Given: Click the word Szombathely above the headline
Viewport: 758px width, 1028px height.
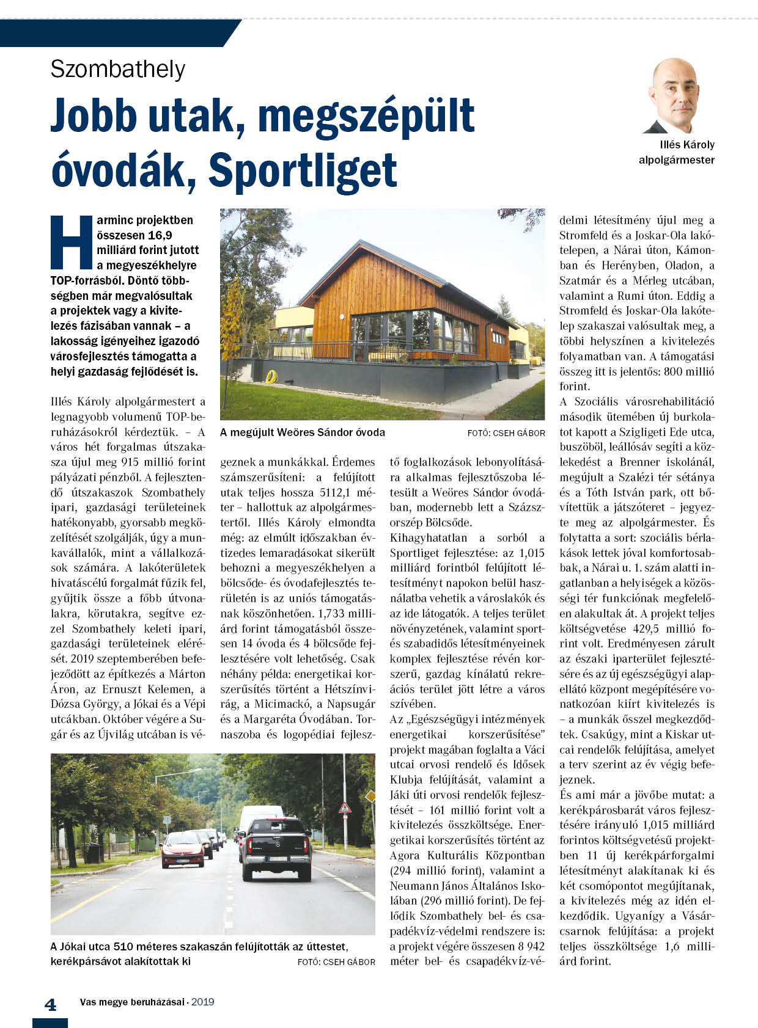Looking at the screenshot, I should tap(117, 69).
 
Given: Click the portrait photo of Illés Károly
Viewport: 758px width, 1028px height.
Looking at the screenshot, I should tap(674, 96).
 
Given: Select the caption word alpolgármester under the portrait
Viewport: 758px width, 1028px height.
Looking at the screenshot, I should tap(676, 160).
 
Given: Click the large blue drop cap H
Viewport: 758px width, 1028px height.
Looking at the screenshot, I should tap(71, 242).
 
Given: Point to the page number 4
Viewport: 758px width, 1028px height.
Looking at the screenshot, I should tap(51, 1005).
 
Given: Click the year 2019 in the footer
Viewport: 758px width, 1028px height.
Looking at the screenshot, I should tap(202, 1002).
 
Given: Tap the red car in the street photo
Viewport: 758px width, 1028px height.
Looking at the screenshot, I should tap(182, 848).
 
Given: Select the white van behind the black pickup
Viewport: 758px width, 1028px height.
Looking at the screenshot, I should tap(260, 815).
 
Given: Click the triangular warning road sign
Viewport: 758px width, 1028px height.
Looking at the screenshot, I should tap(345, 807).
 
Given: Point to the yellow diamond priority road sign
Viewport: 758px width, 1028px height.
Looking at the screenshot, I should tap(369, 796).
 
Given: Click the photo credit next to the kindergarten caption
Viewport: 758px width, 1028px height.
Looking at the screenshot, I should tap(506, 433).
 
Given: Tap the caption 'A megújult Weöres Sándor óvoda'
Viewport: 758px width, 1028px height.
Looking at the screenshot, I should tap(302, 432).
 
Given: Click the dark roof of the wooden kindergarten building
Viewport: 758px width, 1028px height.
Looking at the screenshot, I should tap(367, 269).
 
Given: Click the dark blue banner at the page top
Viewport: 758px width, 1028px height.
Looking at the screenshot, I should tap(116, 32).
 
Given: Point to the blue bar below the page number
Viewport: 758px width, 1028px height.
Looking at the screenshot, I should tap(50, 1022).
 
